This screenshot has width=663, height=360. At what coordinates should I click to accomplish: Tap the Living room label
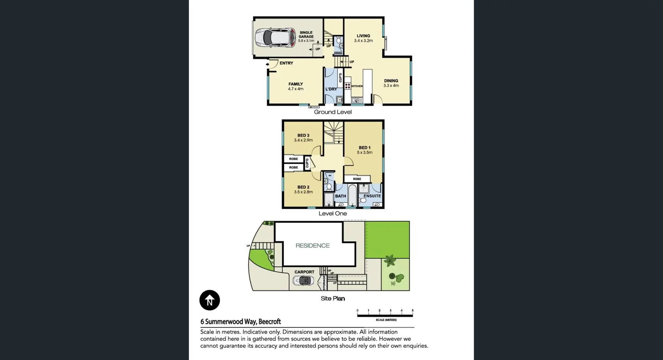(363, 36)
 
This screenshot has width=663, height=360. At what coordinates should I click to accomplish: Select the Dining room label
(391, 81)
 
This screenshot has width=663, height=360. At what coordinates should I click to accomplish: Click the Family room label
(296, 84)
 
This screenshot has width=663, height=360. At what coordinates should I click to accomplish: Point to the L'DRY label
(331, 89)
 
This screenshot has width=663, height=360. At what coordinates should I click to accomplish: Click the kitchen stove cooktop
(348, 86)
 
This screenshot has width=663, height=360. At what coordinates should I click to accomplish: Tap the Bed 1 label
(365, 147)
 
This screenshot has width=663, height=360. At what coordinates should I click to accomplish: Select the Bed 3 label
(303, 135)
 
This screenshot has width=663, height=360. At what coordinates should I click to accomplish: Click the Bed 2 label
(303, 187)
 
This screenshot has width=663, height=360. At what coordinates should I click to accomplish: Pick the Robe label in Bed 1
(357, 179)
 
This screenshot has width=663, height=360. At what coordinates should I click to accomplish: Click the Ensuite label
(372, 196)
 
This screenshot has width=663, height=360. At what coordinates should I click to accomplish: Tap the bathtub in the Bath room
(352, 196)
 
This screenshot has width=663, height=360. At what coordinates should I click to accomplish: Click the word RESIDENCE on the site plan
(313, 245)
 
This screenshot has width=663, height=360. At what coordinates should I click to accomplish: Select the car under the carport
(304, 281)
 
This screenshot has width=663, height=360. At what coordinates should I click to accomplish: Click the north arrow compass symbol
(210, 300)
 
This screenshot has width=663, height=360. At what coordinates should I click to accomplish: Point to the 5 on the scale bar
(412, 310)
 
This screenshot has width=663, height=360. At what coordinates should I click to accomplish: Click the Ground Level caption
(333, 112)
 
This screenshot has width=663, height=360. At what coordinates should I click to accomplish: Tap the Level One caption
(333, 213)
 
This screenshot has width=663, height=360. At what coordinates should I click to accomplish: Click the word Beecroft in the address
(269, 322)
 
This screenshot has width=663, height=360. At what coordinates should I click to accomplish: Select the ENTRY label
(286, 63)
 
